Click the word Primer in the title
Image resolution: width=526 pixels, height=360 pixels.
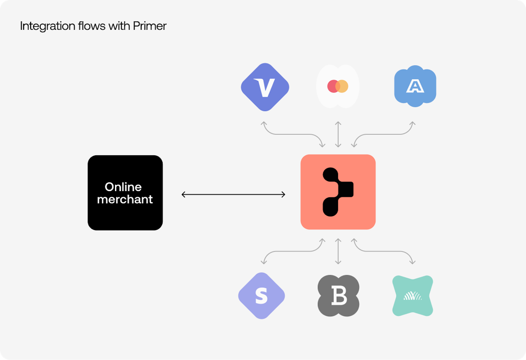pos(150,26)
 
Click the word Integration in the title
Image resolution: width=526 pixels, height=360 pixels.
pos(48,26)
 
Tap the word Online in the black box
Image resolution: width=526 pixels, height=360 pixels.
pos(123,187)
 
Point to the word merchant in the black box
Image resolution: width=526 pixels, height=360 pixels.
pos(125,199)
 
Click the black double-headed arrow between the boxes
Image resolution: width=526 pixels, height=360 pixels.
pos(233,195)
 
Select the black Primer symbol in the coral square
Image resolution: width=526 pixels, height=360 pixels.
pos(338,192)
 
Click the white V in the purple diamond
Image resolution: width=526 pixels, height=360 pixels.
pos(265,87)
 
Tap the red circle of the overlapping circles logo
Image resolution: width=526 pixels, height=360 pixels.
pos(333,86)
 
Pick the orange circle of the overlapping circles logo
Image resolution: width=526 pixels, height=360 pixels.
pos(342,86)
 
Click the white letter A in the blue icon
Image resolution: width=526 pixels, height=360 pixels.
pos(415,86)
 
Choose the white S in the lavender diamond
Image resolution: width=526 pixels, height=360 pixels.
pos(261,296)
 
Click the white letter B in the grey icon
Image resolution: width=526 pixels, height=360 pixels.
pos(339,296)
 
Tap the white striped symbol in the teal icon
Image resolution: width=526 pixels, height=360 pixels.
pos(413,296)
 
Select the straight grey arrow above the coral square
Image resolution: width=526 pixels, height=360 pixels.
pos(338,134)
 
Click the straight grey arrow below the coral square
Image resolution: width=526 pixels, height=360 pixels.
pos(338,252)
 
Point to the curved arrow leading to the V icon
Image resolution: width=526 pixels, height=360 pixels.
pos(293,134)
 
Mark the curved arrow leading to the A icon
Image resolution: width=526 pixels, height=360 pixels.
pos(383,134)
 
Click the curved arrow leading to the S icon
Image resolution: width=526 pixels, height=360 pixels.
pos(293,252)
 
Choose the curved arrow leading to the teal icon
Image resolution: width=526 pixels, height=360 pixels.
pos(383,252)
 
